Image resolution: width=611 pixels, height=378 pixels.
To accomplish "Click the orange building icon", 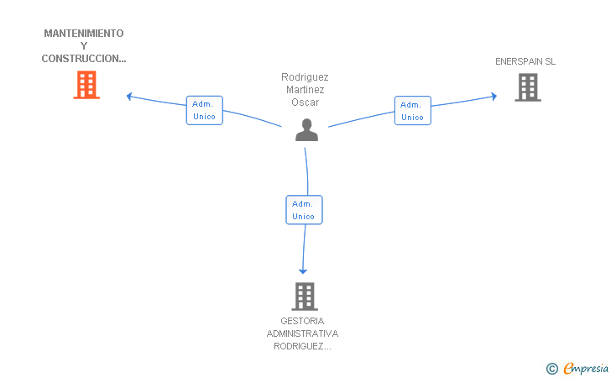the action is pyautogui.click(x=86, y=85).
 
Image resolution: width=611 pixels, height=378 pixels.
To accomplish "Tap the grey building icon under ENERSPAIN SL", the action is pyautogui.click(x=528, y=87).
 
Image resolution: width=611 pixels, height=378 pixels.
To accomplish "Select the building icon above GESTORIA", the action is pyautogui.click(x=305, y=297).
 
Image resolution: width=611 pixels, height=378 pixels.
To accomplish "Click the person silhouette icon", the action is pyautogui.click(x=306, y=129).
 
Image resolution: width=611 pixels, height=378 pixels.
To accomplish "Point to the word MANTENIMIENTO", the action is pyautogui.click(x=84, y=34).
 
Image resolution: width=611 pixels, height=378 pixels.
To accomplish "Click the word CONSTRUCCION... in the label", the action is pyautogui.click(x=84, y=59).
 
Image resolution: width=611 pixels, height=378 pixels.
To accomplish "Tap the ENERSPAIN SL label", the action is pyautogui.click(x=525, y=61).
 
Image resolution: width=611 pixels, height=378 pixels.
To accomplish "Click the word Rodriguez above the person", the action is pyautogui.click(x=305, y=77).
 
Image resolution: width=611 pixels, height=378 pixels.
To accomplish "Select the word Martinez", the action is pyautogui.click(x=305, y=90).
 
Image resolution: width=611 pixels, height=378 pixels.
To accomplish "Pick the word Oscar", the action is pyautogui.click(x=305, y=102).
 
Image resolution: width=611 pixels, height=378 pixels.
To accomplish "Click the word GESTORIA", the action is pyautogui.click(x=302, y=321).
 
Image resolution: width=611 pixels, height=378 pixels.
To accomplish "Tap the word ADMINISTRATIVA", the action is pyautogui.click(x=302, y=333).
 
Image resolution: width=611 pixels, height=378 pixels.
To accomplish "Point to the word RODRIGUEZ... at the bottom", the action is pyautogui.click(x=302, y=346).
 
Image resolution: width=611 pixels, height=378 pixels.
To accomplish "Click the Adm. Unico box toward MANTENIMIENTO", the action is pyautogui.click(x=205, y=110).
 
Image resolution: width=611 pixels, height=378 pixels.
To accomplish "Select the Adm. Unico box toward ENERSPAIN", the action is pyautogui.click(x=413, y=110).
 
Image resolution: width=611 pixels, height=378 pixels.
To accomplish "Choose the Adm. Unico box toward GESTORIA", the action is pyautogui.click(x=304, y=210).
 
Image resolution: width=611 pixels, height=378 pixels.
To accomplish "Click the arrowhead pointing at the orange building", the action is pyautogui.click(x=129, y=97).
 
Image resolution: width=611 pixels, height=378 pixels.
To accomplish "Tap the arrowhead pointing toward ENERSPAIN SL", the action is pyautogui.click(x=494, y=97).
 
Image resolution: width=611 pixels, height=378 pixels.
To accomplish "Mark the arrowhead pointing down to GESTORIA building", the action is pyautogui.click(x=303, y=271).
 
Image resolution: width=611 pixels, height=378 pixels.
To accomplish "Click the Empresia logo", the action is pyautogui.click(x=577, y=368).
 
